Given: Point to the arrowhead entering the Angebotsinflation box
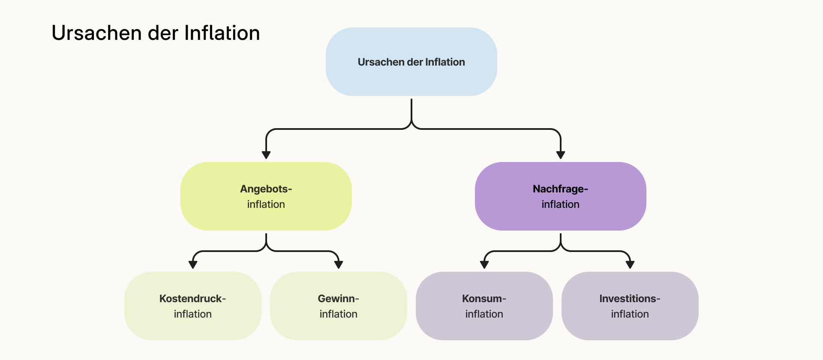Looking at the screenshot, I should (x=266, y=155).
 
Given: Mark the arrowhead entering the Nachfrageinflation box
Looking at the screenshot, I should (x=560, y=155).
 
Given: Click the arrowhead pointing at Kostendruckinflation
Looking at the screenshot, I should (x=193, y=264).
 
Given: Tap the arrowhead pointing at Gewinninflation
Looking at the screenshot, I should (x=339, y=264).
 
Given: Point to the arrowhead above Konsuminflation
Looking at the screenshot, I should (x=484, y=264).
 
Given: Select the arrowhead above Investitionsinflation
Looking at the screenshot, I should (x=630, y=264).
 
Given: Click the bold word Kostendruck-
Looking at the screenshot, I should (x=192, y=299).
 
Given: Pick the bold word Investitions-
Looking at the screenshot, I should (x=630, y=299).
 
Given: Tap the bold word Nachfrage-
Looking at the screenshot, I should (x=560, y=189).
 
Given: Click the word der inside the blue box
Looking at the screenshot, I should (x=415, y=62).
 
